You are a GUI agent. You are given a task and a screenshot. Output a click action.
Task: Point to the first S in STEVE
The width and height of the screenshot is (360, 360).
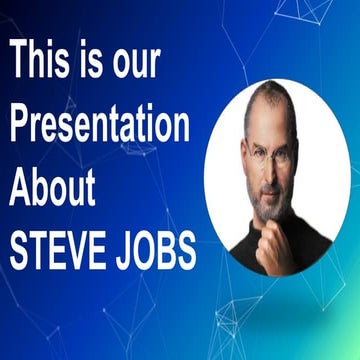click(19, 251)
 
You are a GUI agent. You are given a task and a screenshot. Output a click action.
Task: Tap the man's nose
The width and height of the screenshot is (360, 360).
click(271, 170)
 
